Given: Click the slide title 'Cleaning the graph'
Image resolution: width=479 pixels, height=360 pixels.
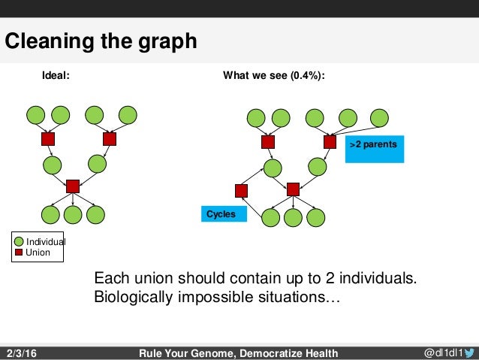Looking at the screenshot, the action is pos(101,41).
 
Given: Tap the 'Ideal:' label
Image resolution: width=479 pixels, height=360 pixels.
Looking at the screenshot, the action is pos(56,75).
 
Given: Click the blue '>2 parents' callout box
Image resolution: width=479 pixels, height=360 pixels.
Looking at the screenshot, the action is pos(375,148).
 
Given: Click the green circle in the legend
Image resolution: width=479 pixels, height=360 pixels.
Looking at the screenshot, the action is pos(20,241).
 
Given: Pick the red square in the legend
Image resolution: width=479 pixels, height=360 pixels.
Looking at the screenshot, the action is pos(20,253).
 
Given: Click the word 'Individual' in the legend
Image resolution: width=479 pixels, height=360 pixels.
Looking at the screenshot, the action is pos(46,242).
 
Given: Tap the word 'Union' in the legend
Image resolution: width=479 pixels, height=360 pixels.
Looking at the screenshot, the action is pos(38,253).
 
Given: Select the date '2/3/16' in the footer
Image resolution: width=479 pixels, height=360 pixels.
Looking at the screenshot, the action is pos(23,353).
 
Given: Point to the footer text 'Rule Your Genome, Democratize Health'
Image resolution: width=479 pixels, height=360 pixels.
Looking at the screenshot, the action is pos(239,353).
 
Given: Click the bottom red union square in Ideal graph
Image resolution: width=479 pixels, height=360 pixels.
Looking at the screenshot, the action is pos(73,186).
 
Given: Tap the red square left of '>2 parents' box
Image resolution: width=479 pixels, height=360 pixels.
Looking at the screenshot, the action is pos(330,141).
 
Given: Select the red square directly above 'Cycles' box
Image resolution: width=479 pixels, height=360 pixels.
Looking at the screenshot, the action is pos(241,189).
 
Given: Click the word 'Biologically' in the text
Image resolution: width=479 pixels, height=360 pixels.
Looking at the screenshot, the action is pos(133,298).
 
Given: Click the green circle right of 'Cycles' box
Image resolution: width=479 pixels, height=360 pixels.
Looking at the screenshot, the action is pos(270,217).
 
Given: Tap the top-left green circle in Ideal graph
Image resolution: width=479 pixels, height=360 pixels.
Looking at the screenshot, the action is pos(35,115).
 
